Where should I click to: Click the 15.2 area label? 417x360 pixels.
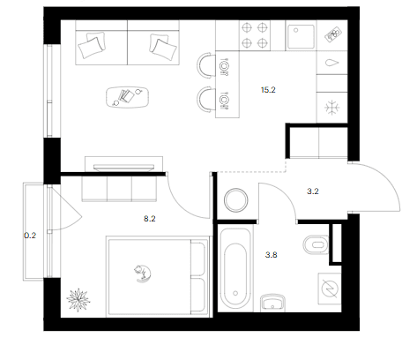click(x=268, y=90)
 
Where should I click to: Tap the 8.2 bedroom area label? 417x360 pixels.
click(x=150, y=219)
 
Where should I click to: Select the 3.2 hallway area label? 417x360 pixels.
click(x=313, y=191)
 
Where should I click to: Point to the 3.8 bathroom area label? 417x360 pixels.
click(x=271, y=255)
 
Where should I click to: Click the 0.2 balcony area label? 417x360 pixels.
click(x=30, y=236)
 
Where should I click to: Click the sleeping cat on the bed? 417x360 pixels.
click(x=143, y=274)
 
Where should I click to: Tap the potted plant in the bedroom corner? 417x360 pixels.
click(x=78, y=300)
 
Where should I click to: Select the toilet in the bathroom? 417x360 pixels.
click(x=316, y=244)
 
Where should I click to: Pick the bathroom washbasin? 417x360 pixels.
click(x=272, y=303)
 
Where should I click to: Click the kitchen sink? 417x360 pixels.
click(x=301, y=36)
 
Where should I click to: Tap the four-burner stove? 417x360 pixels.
click(x=255, y=35)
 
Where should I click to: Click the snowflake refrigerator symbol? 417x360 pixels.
click(x=332, y=108)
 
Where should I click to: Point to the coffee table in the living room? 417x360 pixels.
click(x=127, y=97)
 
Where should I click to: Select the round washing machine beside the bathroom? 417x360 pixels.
click(x=236, y=200)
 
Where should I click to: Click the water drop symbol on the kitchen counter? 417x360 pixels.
click(x=332, y=63)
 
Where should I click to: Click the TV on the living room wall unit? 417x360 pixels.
click(x=123, y=168)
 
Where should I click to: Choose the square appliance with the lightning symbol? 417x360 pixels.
click(x=330, y=289)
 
